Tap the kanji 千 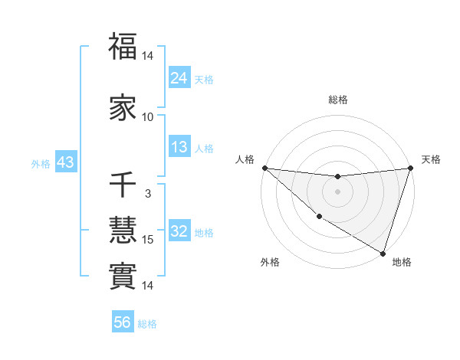(123, 185)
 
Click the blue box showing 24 (179, 77)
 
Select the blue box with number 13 (179, 147)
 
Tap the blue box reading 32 (179, 231)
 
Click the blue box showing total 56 (123, 322)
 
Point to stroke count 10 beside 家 (148, 116)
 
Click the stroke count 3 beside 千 (148, 194)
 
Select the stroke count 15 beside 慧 (148, 240)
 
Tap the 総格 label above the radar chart (338, 100)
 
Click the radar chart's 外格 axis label (270, 262)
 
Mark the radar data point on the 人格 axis (264, 168)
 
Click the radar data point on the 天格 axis (410, 168)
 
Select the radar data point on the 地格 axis (383, 253)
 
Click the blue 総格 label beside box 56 (148, 324)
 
